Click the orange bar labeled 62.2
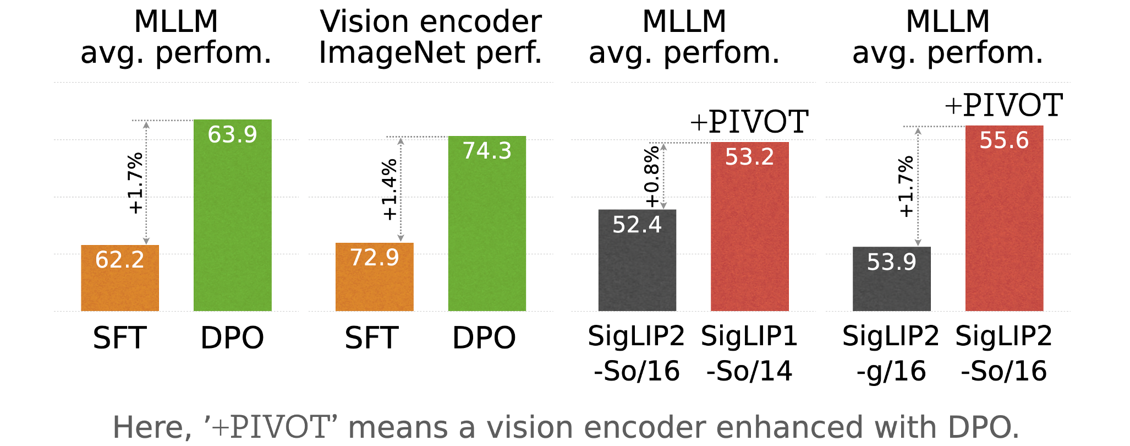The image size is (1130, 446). pyautogui.click(x=120, y=278)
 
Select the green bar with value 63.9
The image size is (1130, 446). pyautogui.click(x=232, y=215)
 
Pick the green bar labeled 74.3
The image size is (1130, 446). pyautogui.click(x=487, y=224)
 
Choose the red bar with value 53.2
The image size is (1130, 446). pyautogui.click(x=749, y=226)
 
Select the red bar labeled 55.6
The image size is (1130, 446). pyautogui.click(x=1004, y=218)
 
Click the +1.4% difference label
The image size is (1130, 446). pyautogui.click(x=389, y=190)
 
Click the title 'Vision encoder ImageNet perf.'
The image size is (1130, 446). pyautogui.click(x=431, y=37)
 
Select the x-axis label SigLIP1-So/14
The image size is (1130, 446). pyautogui.click(x=749, y=353)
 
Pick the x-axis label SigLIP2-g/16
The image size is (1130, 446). pyautogui.click(x=891, y=353)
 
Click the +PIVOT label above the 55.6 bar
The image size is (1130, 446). pyautogui.click(x=1003, y=105)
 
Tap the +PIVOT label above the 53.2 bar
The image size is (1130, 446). pyautogui.click(x=749, y=122)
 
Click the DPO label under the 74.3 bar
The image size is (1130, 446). pyautogui.click(x=484, y=338)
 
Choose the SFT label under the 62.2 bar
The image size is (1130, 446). pyautogui.click(x=120, y=338)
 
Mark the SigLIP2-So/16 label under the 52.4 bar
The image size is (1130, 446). pyautogui.click(x=637, y=353)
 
